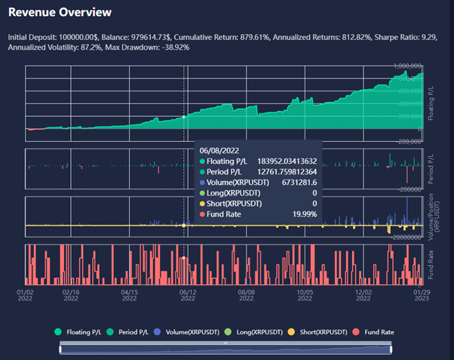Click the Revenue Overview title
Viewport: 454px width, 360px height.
tap(60, 13)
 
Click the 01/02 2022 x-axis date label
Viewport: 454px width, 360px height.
tap(25, 294)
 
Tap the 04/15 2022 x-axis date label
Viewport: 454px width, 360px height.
tap(129, 294)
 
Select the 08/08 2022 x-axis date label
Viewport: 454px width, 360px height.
tap(246, 294)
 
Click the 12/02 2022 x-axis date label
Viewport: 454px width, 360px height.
tap(364, 294)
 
